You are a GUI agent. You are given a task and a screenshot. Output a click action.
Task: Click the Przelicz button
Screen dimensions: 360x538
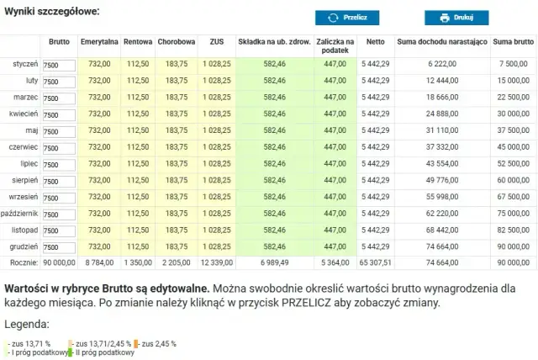pyautogui.click(x=347, y=17)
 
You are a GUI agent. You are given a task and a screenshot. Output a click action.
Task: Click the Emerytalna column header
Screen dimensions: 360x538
pyautogui.click(x=99, y=41)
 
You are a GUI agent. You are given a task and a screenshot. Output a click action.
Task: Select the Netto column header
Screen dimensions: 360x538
pyautogui.click(x=376, y=41)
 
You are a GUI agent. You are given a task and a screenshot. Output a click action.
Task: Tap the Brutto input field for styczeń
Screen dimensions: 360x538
pyautogui.click(x=59, y=65)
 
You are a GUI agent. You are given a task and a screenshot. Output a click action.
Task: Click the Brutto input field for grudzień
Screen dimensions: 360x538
pyautogui.click(x=59, y=246)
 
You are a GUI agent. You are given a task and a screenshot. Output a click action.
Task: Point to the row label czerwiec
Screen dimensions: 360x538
pyautogui.click(x=23, y=146)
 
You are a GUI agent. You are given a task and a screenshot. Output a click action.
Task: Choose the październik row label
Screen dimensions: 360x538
pyautogui.click(x=20, y=213)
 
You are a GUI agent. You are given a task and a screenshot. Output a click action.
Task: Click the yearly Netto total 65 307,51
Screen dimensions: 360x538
pyautogui.click(x=376, y=262)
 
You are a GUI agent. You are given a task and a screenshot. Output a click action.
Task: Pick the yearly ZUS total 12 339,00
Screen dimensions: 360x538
pyautogui.click(x=216, y=262)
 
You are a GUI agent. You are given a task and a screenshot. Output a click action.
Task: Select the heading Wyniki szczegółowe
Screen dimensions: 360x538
pyautogui.click(x=51, y=12)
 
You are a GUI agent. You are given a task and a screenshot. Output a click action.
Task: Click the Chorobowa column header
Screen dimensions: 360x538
pyautogui.click(x=176, y=41)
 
